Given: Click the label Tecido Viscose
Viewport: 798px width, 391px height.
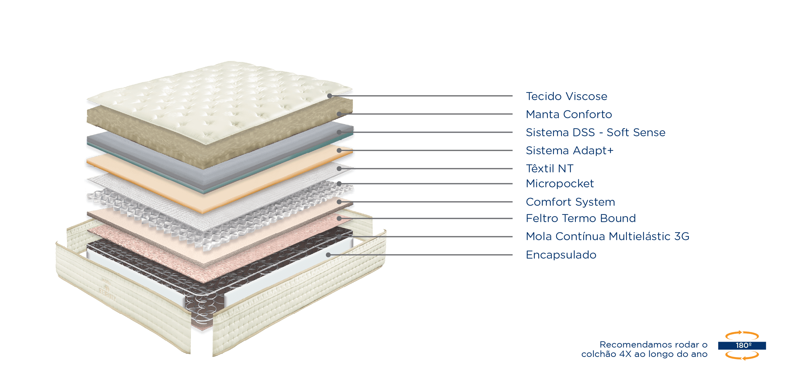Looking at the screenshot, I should tap(566, 96).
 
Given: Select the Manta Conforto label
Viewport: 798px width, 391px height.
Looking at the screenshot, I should tap(569, 114).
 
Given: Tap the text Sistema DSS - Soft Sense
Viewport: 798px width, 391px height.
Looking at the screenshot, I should tap(595, 132).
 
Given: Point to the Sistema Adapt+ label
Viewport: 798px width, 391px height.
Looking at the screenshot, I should tap(570, 150).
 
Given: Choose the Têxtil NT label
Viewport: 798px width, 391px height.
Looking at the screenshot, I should tap(549, 169).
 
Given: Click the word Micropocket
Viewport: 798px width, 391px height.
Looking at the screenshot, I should tap(560, 184).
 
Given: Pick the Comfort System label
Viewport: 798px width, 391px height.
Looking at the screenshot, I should tap(570, 202).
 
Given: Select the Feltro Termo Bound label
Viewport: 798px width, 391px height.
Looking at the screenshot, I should tap(581, 218).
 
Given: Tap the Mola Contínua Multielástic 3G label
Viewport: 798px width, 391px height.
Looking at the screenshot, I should tap(608, 236).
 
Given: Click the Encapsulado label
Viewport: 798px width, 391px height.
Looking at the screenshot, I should tap(561, 255).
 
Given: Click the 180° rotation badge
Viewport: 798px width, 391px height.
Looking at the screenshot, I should tap(742, 345).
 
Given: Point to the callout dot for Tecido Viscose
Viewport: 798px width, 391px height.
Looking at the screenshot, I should tap(329, 96).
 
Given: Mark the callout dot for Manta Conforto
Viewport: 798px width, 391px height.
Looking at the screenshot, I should tap(338, 114).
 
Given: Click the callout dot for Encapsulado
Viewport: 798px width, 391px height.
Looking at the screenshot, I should tap(328, 255).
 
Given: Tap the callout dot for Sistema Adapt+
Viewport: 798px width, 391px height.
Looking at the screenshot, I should tap(339, 150).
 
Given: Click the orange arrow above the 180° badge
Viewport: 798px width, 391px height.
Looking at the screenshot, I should tap(742, 335).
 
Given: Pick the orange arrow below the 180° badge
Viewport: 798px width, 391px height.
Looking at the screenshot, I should tap(742, 356).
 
